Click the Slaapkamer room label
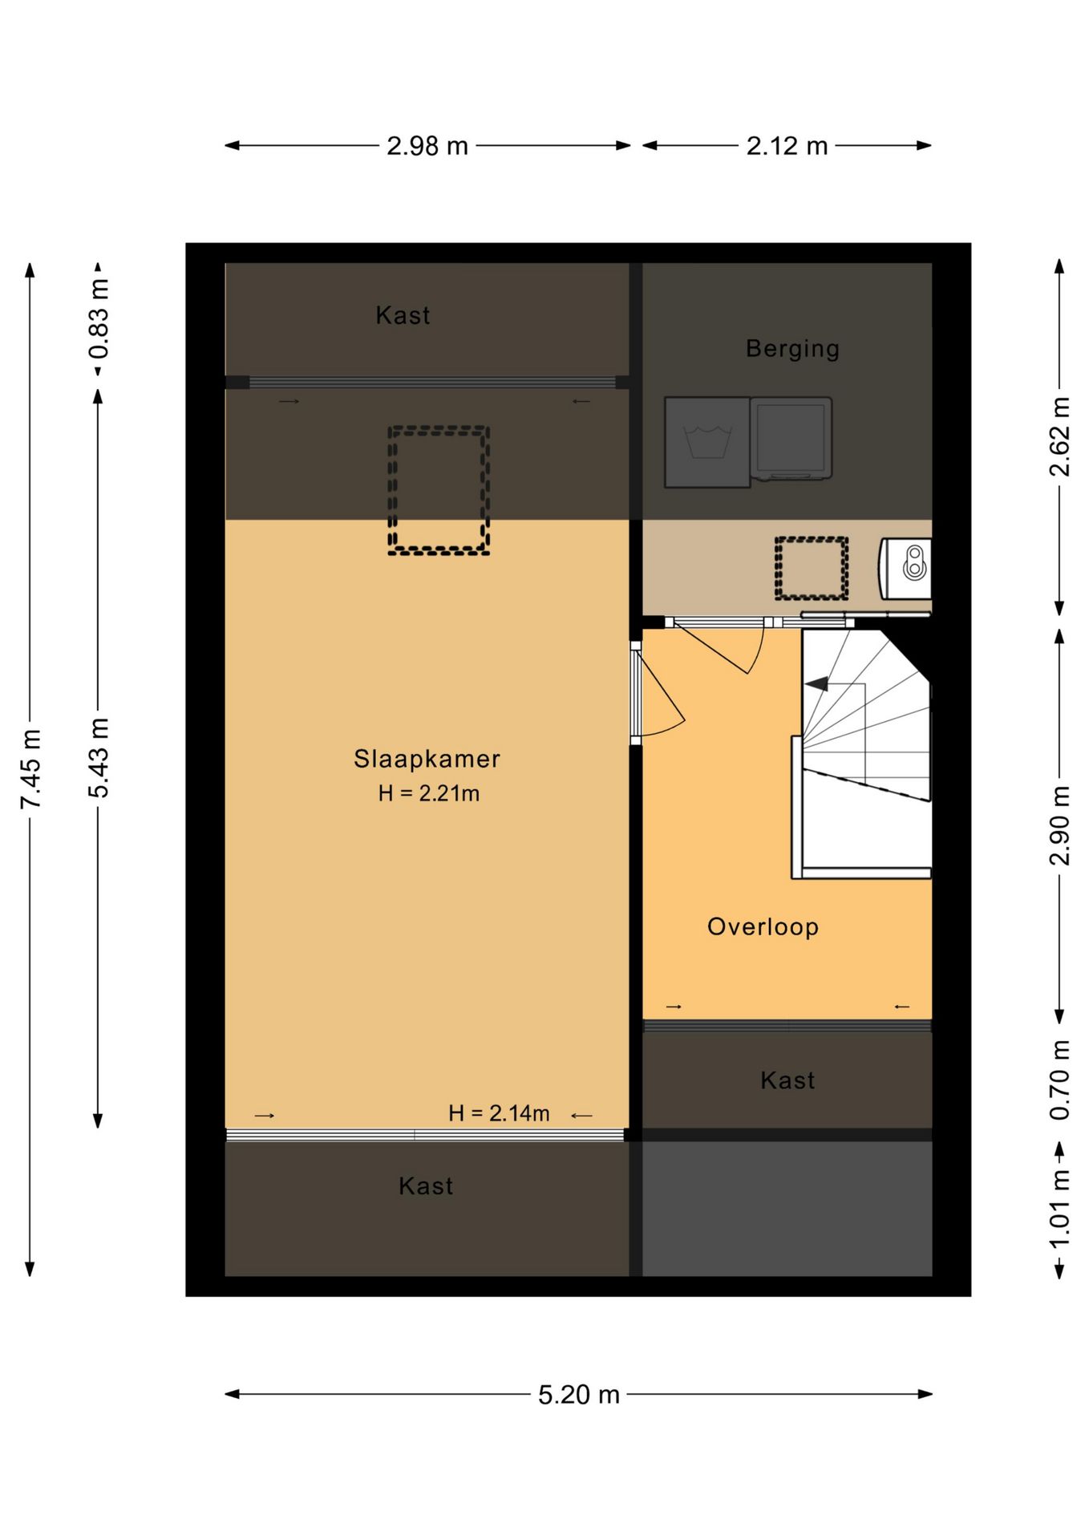(x=427, y=759)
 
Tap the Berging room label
(x=792, y=349)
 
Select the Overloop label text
(x=763, y=927)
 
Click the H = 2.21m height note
(x=429, y=793)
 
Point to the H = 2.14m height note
(x=499, y=1113)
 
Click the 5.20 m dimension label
(x=578, y=1395)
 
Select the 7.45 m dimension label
(x=30, y=769)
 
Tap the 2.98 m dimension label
(x=427, y=146)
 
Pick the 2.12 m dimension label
(x=787, y=146)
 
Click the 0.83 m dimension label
(x=99, y=318)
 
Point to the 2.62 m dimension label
(x=1059, y=437)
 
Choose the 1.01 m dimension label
(x=1059, y=1209)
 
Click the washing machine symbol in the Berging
(x=707, y=442)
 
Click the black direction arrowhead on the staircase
(x=816, y=684)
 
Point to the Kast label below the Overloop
(x=787, y=1080)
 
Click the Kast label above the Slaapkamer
(x=403, y=315)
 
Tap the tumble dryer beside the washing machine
(x=791, y=439)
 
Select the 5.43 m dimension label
(x=99, y=758)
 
